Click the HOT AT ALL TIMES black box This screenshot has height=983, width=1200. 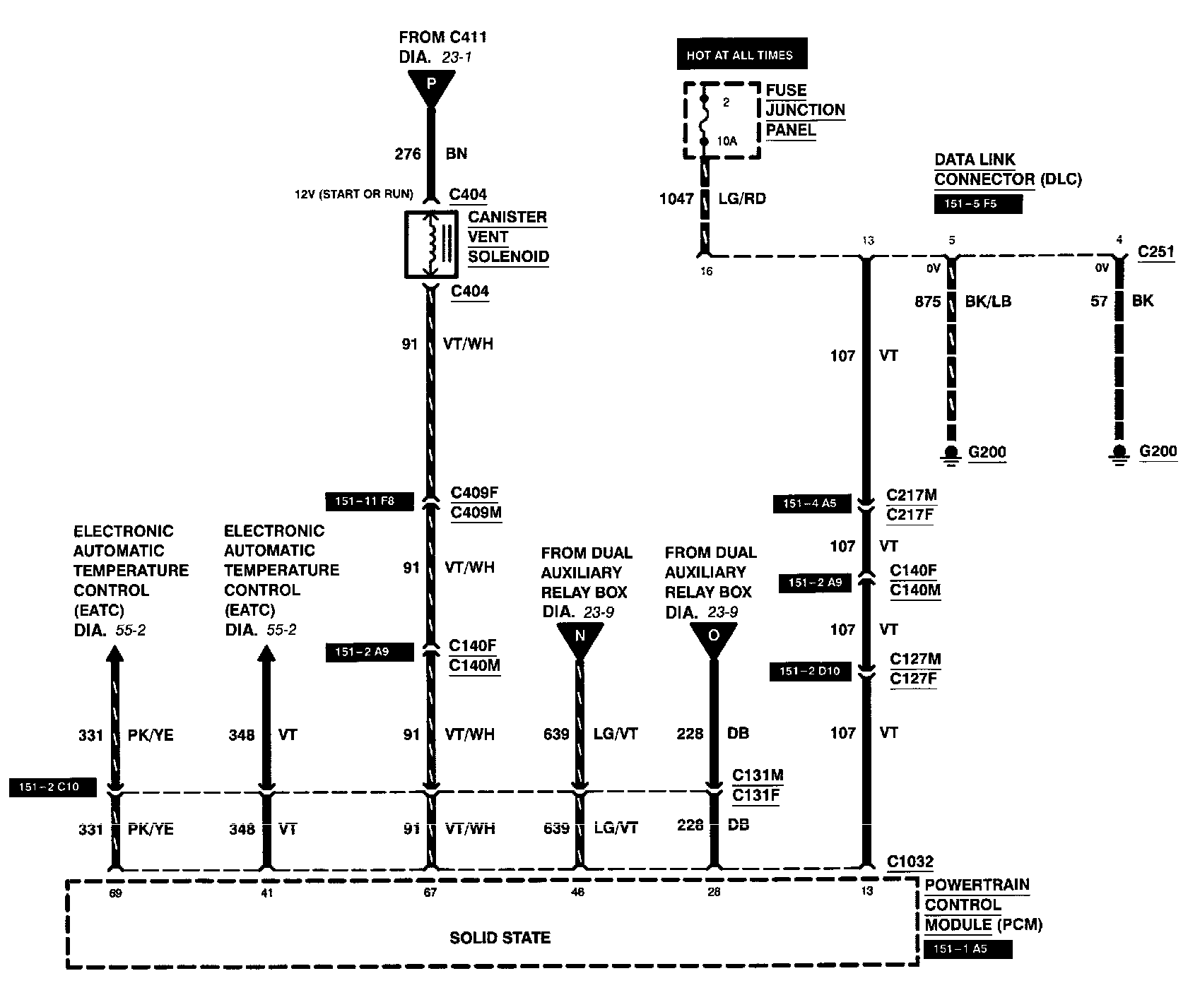click(740, 55)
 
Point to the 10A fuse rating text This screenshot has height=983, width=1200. click(727, 141)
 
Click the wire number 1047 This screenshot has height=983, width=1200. click(676, 199)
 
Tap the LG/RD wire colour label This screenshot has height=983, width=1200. click(742, 199)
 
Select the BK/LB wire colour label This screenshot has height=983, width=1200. click(988, 302)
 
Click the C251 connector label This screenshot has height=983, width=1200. click(1155, 251)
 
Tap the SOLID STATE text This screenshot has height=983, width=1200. click(500, 938)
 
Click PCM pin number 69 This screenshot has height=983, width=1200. click(115, 893)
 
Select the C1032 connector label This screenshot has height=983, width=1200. click(910, 862)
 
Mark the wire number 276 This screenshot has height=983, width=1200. click(408, 154)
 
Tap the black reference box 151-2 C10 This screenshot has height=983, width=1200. click(52, 787)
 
